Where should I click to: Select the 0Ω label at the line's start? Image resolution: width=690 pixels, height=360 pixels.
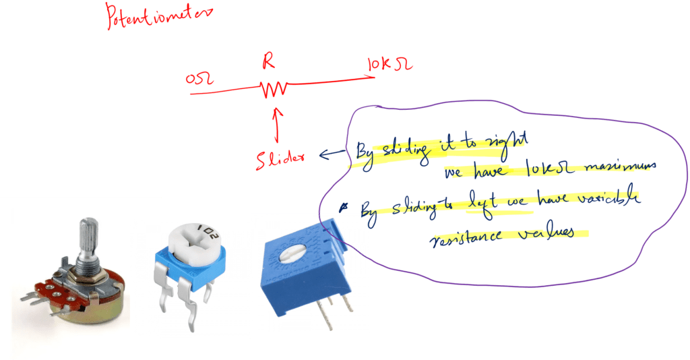[x=199, y=80]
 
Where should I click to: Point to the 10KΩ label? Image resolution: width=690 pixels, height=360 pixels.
[x=389, y=65]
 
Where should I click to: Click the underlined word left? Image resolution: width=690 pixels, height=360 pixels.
[x=478, y=202]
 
